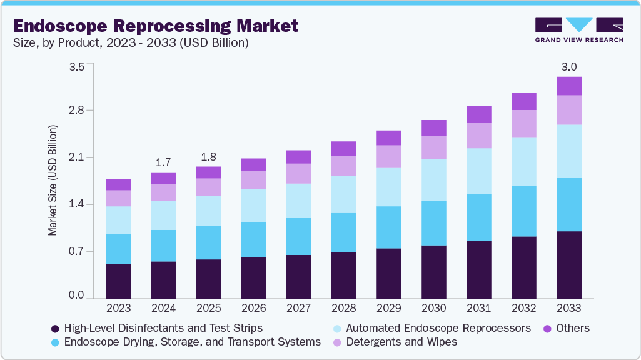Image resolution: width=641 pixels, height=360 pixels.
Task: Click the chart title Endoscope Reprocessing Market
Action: [x=155, y=26]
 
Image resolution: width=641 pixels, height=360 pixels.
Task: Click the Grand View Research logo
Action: [x=579, y=30]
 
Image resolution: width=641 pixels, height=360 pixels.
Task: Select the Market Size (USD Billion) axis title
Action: [x=53, y=181]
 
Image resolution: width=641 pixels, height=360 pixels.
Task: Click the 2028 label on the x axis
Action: [x=343, y=308]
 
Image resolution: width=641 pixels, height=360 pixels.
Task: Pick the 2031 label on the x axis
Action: [x=478, y=308]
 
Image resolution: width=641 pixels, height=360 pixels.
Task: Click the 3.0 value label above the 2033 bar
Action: [x=569, y=67]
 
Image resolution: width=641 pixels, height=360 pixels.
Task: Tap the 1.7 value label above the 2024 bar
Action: [x=163, y=162]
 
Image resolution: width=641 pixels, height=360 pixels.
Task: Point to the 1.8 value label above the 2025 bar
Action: [x=208, y=157]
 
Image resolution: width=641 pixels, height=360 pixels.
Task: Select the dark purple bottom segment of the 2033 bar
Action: [x=569, y=265]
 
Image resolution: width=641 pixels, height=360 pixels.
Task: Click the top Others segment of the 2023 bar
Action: [x=118, y=184]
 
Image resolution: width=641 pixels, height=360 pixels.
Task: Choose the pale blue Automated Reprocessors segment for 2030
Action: [x=433, y=180]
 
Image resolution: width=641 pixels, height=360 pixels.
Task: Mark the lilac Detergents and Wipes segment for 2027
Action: [x=298, y=173]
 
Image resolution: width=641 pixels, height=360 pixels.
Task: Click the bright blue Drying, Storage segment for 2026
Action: [x=253, y=239]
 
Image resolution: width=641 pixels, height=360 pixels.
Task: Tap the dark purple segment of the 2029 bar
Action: [x=388, y=274]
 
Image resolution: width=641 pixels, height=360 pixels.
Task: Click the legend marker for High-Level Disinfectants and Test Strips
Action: [x=55, y=328]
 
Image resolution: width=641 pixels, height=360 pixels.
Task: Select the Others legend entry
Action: [x=571, y=328]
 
